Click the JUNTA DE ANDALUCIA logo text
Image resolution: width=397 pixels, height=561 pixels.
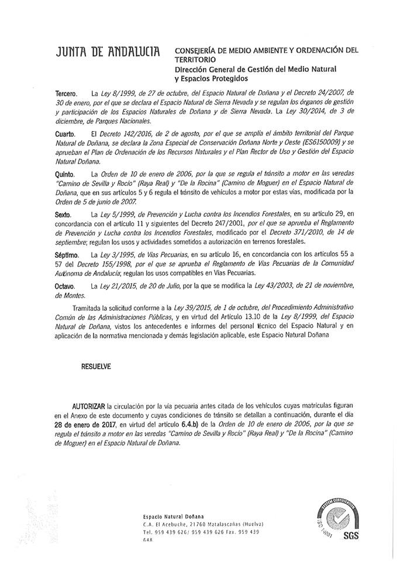click(107, 54)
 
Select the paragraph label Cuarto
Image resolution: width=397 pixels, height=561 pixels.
click(65, 134)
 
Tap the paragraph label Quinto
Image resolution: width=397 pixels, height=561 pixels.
click(65, 174)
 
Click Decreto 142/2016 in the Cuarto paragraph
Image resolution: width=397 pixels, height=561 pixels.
click(123, 134)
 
